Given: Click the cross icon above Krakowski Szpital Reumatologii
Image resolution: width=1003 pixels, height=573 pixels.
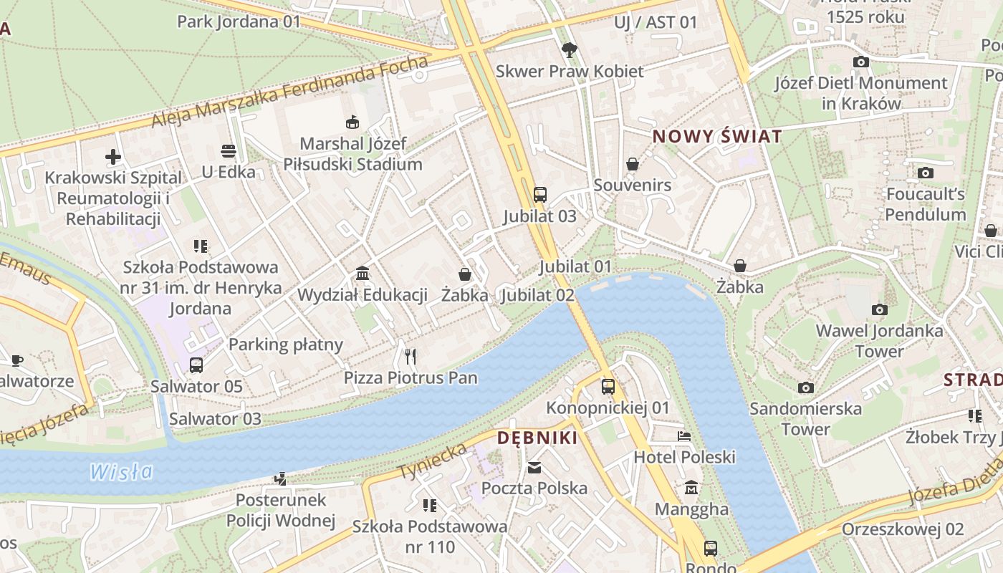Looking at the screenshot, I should coord(112,156).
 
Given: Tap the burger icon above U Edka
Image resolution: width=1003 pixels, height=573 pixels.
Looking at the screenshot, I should coord(229,151).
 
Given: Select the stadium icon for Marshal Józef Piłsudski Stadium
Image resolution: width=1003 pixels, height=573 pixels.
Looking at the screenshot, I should coord(352,122).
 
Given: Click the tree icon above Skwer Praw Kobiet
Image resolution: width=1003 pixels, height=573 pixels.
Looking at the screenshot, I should coord(570,49).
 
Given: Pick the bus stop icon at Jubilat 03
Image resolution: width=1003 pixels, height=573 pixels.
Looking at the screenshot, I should coord(540,194).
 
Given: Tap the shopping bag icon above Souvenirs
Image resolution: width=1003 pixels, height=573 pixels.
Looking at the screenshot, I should coord(632,164).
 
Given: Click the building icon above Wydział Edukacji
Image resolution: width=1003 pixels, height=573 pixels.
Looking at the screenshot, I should coord(363,274).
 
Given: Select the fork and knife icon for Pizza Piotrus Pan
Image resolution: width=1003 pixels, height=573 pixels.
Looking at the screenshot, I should coord(410,355).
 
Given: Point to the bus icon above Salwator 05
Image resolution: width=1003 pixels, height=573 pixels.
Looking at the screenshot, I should coord(196,365).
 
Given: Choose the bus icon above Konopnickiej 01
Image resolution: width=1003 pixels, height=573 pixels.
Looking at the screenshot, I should coord(608,386).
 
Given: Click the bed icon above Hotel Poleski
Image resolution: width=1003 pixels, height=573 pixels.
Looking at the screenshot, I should coord(684,435).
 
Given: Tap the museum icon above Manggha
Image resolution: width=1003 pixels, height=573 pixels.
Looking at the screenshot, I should coord(691,488).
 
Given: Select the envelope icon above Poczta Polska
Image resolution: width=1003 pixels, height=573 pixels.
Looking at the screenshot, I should coord(534,467).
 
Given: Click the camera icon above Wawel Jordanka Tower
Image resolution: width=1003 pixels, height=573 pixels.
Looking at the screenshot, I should coord(879,309).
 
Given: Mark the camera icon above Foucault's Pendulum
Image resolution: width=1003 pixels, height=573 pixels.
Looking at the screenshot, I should coord(925,173).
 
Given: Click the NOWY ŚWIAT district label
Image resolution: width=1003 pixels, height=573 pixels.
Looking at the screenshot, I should coord(716,136).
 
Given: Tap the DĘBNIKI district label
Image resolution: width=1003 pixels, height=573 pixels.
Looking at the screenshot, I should coord(537,438).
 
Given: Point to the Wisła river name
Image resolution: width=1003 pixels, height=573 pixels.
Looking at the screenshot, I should coord(122,471).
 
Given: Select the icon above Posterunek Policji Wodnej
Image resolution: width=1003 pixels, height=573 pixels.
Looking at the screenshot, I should coord(281,478).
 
